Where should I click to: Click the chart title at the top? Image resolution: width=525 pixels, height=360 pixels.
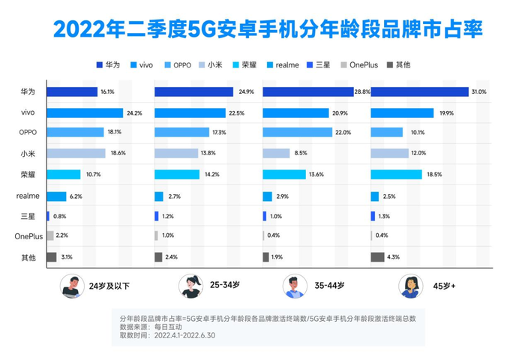pos(262,29)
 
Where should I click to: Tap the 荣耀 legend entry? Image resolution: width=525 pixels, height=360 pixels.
pos(250,64)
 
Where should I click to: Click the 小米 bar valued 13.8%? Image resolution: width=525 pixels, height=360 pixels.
pos(178,154)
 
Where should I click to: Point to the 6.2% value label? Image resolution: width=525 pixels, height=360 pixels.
pos(75,196)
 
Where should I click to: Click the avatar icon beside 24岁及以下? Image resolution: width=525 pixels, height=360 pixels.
pos(72,286)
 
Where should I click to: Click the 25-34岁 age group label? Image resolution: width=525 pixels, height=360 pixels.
pos(223,285)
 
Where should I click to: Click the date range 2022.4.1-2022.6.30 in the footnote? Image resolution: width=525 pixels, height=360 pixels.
pos(184,336)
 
